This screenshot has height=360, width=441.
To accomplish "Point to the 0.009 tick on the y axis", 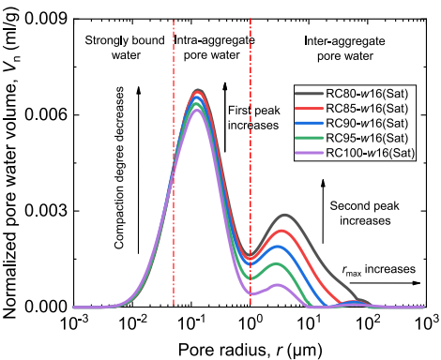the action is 47,20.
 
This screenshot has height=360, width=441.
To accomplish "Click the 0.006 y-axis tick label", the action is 47,115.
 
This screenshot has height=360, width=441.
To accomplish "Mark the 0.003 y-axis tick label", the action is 47,211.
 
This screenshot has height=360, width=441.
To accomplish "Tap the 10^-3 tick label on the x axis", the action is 74,322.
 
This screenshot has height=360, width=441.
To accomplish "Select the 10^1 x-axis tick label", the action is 310,322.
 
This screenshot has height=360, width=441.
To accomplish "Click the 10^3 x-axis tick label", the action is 427,322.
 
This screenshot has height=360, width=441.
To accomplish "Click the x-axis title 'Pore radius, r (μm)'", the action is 250,350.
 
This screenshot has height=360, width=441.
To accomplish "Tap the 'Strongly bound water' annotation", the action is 125,48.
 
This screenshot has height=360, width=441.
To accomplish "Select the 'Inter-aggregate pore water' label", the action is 345,49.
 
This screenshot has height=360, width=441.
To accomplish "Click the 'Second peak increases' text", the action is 365,214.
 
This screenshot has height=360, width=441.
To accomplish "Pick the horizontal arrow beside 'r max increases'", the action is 385,283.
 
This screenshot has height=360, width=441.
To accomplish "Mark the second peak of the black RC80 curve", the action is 285,215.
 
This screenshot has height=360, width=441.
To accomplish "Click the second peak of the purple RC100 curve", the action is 277,285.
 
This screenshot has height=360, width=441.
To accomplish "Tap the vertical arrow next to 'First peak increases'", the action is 225,117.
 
